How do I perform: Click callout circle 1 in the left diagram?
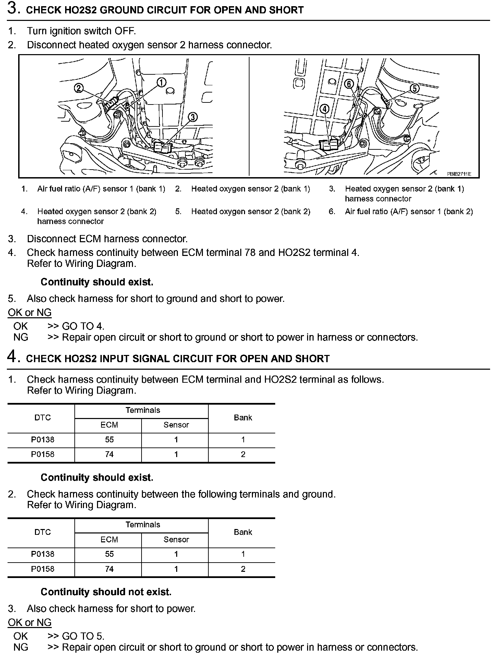(161, 82)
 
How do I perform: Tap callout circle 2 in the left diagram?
(78, 88)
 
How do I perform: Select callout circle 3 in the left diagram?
(193, 117)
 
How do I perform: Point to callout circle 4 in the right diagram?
(324, 109)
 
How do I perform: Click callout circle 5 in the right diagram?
(414, 88)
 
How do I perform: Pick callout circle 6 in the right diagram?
(349, 84)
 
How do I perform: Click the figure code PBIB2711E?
(459, 174)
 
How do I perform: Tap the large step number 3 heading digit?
(12, 9)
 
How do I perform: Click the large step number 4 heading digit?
(12, 357)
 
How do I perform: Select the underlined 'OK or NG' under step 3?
(29, 312)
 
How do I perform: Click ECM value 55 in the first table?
(109, 440)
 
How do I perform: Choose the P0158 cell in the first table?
(43, 454)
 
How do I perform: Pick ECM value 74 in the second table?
(109, 569)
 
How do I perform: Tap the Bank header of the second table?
(243, 532)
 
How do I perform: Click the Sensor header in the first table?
(176, 425)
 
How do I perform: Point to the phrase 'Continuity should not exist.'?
(106, 592)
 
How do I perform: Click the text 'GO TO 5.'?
(83, 636)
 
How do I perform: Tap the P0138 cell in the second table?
(43, 554)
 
